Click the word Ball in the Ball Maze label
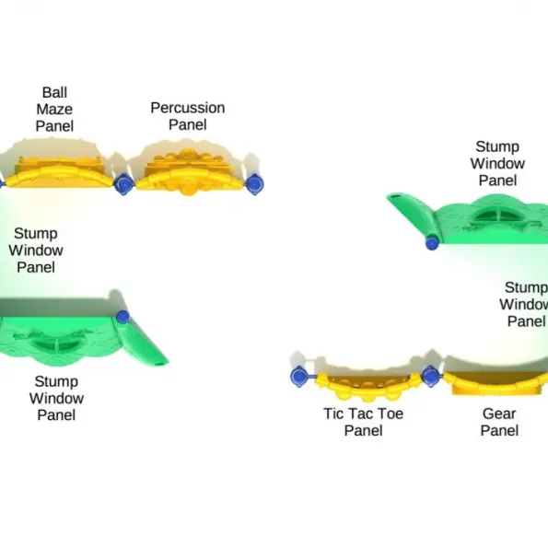point(54,93)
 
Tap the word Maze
point(54,110)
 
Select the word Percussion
point(188,108)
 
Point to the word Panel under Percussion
point(188,124)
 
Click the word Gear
point(499,414)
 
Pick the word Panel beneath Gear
point(499,431)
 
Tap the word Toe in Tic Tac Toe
point(390,414)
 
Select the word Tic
point(332,414)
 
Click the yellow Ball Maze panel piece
point(60,174)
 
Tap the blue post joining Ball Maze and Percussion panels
point(123,183)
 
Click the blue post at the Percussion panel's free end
point(255,184)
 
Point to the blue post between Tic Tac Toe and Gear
point(432,376)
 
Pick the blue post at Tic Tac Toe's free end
point(299,377)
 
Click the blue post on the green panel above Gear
point(432,243)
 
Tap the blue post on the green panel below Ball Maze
point(122,317)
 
